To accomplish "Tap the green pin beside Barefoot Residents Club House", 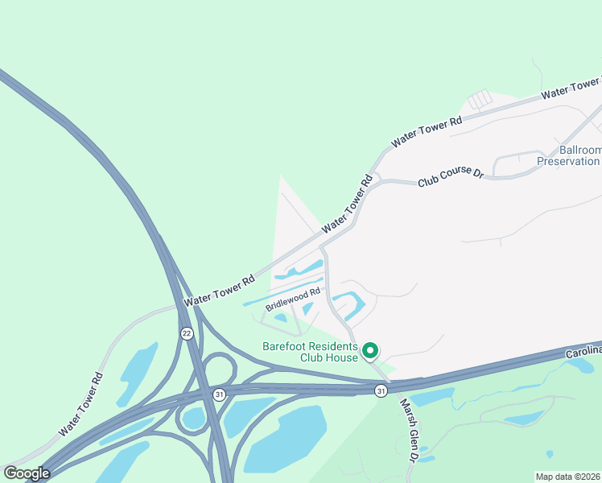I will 370,350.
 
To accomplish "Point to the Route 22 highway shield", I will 187,333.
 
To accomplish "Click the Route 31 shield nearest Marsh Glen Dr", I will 381,390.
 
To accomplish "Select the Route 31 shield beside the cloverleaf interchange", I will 219,394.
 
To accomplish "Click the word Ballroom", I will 579,151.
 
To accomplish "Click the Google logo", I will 27,473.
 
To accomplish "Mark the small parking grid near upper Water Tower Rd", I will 479,100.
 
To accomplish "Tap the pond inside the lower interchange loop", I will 193,418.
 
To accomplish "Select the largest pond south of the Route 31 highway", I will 286,440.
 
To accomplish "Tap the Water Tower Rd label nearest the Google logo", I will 80,405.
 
